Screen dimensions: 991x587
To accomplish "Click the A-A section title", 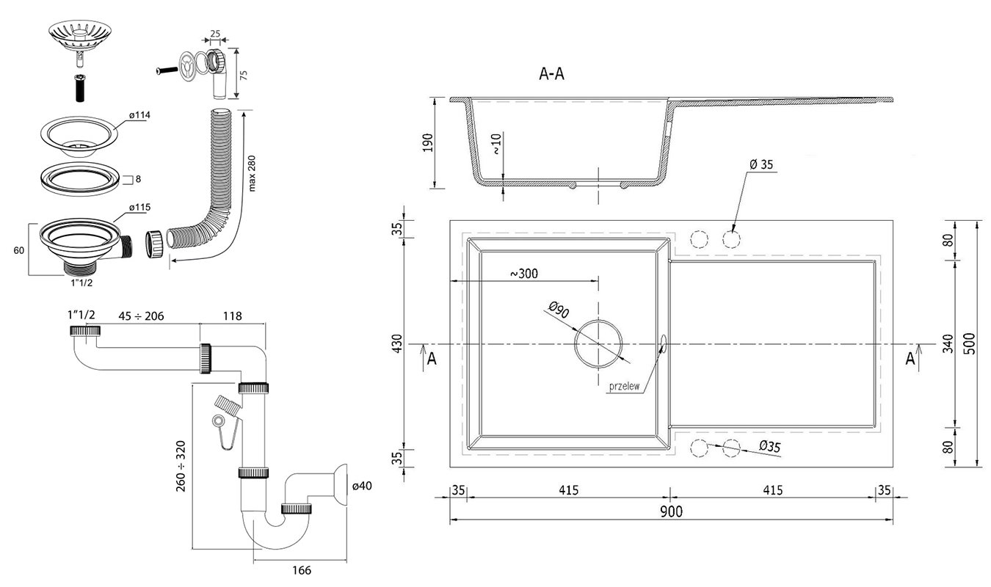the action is (551, 74).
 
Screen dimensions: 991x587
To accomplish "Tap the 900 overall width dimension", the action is (671, 512).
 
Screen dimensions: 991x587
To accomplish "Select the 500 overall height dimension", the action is (969, 343).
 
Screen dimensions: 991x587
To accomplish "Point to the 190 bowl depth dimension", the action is (428, 142).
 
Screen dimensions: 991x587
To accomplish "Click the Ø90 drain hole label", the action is (559, 310).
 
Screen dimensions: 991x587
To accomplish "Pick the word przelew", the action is (624, 386).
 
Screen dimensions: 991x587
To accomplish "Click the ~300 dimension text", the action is (524, 274).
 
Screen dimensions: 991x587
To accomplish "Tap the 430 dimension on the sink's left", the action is (397, 343).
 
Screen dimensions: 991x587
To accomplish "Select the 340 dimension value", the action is (948, 343).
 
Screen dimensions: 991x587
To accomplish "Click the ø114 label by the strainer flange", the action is (139, 115).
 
